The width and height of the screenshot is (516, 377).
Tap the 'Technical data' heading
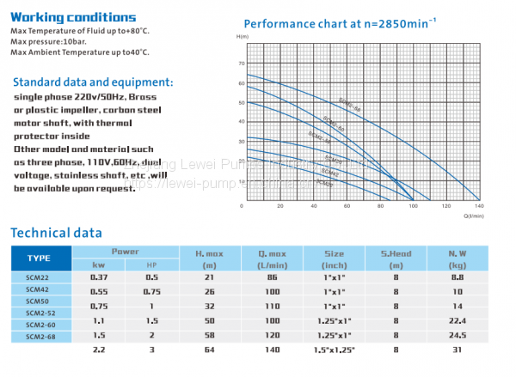point(56,233)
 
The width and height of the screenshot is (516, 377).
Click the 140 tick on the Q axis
point(478,207)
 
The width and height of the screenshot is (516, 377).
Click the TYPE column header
point(39,258)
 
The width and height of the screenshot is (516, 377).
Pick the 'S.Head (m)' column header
point(396,258)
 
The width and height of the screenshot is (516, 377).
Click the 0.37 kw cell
point(99,277)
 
